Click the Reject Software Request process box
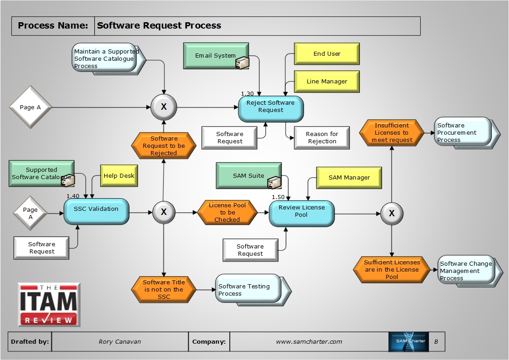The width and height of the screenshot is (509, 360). pos(271,108)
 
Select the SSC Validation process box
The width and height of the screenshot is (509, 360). pos(96,211)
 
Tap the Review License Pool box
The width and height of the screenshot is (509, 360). pos(301,213)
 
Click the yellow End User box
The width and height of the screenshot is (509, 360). pos(327,54)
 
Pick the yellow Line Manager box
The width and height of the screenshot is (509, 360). pos(327,82)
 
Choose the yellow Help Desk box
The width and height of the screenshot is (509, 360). pos(119,176)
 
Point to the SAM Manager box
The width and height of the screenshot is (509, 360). pos(349,178)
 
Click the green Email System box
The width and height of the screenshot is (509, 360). pos(216,56)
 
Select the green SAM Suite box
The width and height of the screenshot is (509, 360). pos(248,175)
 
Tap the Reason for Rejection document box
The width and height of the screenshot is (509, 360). pos(322,138)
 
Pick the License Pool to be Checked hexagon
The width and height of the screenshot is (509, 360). pos(227,212)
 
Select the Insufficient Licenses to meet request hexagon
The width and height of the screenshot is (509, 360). pos(391,133)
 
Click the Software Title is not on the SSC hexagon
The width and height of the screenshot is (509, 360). pos(164,290)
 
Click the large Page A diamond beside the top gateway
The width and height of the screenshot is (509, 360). pos(31,107)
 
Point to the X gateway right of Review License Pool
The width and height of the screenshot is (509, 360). pos(392,213)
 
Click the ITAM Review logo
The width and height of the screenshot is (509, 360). pos(49,304)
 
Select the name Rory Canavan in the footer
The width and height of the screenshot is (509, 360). pos(120,342)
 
